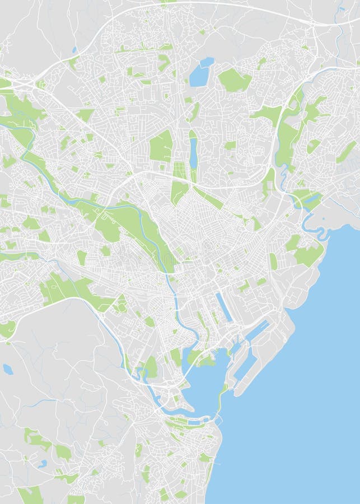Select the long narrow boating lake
point(193,152)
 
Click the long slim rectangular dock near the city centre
point(224,307)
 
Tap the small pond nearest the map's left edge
point(8,369)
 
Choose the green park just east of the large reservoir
point(233,80)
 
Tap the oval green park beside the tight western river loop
point(151,367)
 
